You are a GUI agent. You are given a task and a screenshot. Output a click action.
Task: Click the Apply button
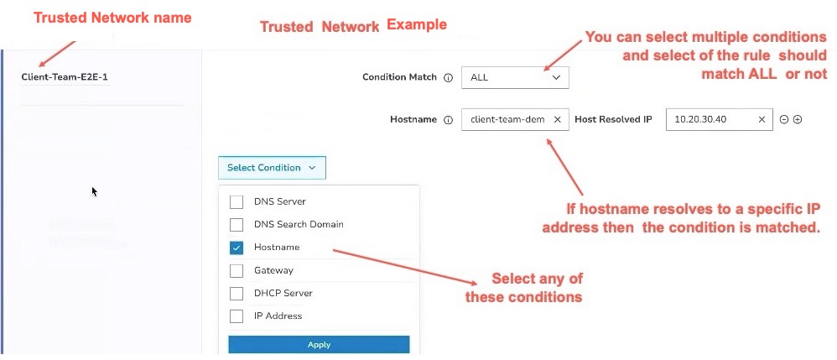319,345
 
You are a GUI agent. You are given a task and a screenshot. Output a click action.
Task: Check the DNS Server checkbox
236,202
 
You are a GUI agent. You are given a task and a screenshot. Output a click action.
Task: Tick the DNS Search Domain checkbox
236,224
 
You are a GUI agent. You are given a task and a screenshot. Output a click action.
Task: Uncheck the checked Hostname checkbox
236,248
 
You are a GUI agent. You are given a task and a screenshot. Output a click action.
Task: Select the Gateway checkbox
236,270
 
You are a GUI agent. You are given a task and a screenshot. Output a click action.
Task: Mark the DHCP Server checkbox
236,293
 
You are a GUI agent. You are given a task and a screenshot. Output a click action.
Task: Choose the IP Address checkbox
236,316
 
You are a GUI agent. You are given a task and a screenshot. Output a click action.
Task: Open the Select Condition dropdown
272,168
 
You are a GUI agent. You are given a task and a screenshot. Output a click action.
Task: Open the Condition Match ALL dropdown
515,77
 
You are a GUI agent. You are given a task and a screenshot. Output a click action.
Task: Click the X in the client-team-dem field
557,120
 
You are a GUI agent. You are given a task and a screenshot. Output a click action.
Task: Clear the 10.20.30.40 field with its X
762,120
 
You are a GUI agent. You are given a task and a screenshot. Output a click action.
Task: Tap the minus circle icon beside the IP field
784,120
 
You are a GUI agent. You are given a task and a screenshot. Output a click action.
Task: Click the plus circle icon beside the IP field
798,120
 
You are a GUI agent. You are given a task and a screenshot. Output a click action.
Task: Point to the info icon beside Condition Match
449,77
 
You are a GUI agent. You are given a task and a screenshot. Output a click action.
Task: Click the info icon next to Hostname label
449,120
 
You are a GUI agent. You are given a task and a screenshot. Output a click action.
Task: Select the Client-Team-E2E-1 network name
65,77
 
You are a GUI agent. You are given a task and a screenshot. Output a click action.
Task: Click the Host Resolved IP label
613,120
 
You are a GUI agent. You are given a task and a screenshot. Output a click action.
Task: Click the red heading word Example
416,24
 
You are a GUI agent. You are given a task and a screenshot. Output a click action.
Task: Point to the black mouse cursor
95,192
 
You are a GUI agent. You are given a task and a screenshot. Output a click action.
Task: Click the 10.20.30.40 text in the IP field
699,120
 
